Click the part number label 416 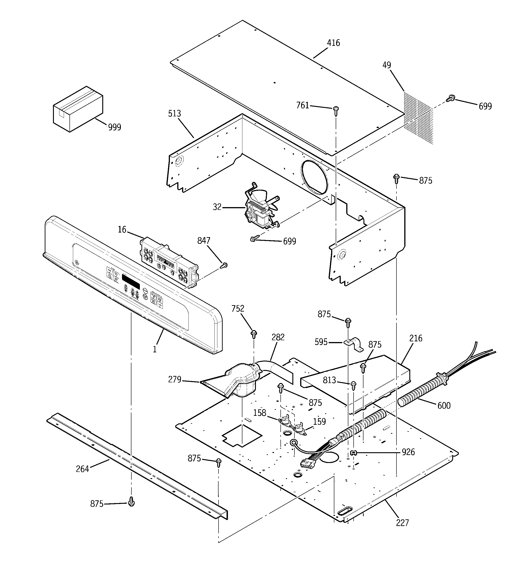(x=333, y=43)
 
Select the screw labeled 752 (x=254, y=334)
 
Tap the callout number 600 (x=444, y=405)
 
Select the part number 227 (x=402, y=523)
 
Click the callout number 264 (x=82, y=469)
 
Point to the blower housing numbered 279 (x=234, y=381)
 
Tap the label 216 (x=416, y=339)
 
